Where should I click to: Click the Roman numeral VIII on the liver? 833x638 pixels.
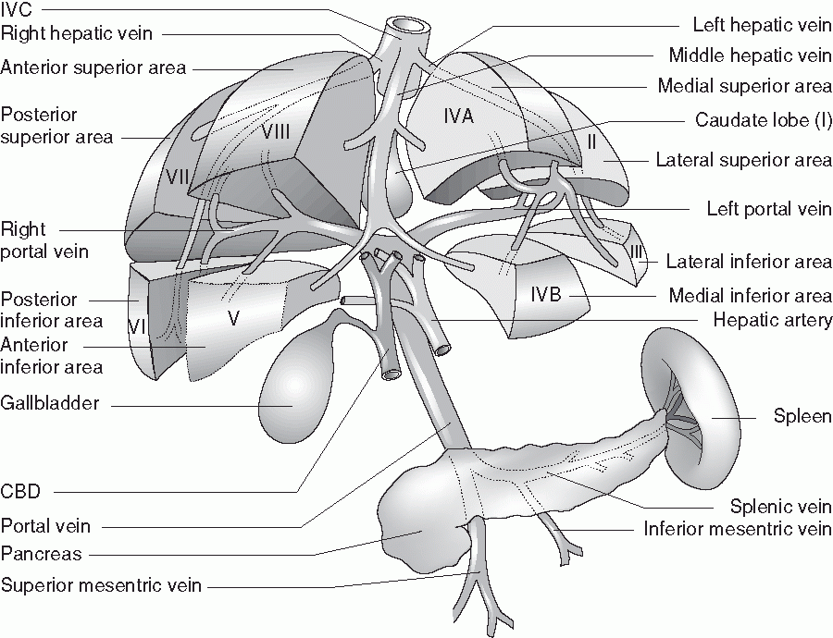(x=275, y=131)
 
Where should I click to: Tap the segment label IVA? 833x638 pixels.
(x=459, y=117)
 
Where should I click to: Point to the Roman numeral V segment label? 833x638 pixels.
(x=233, y=317)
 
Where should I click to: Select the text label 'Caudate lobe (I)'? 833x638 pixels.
(x=763, y=122)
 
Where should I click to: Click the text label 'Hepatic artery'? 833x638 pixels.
(x=772, y=320)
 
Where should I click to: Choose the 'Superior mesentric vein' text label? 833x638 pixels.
(x=101, y=584)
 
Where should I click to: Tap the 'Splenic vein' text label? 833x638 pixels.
(x=780, y=507)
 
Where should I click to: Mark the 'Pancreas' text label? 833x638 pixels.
(x=42, y=555)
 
